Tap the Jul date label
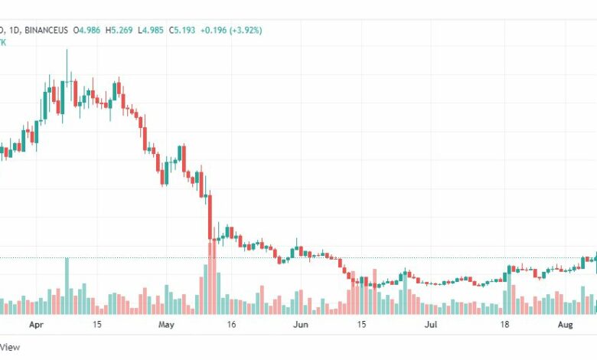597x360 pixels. pyautogui.click(x=432, y=325)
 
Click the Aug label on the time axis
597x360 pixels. pyautogui.click(x=565, y=325)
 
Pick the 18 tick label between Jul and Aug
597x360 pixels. pyautogui.click(x=505, y=325)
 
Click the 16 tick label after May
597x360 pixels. pyautogui.click(x=231, y=325)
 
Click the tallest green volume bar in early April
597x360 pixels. pyautogui.click(x=67, y=286)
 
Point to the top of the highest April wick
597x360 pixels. pyautogui.click(x=67, y=50)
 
